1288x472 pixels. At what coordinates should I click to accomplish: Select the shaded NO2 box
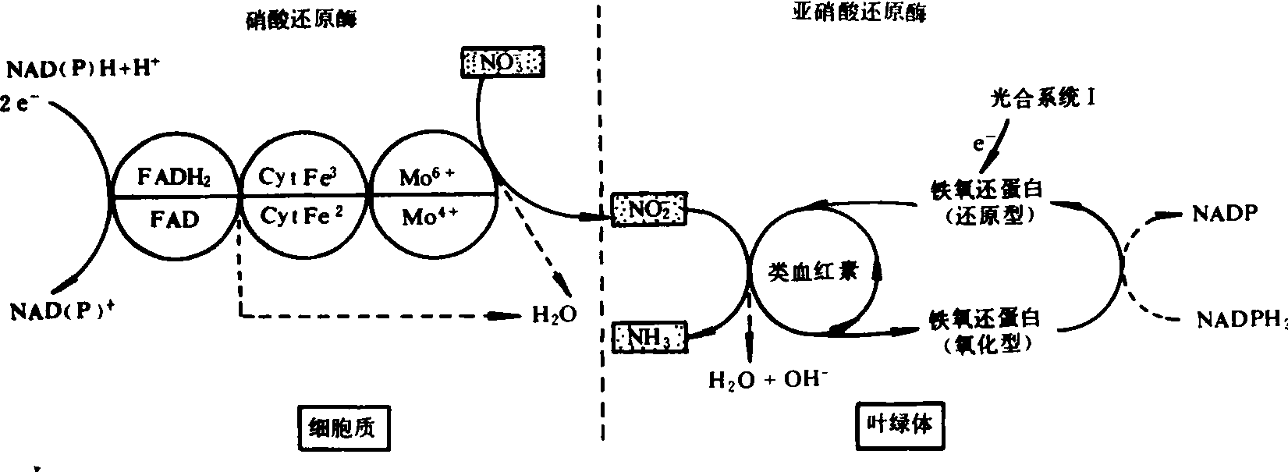(x=649, y=208)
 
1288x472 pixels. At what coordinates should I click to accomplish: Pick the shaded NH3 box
(x=649, y=338)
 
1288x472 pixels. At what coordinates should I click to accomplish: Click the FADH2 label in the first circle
(x=174, y=177)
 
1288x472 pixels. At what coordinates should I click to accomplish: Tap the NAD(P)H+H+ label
(x=83, y=69)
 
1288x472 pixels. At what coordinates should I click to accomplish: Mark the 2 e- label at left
(x=20, y=104)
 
